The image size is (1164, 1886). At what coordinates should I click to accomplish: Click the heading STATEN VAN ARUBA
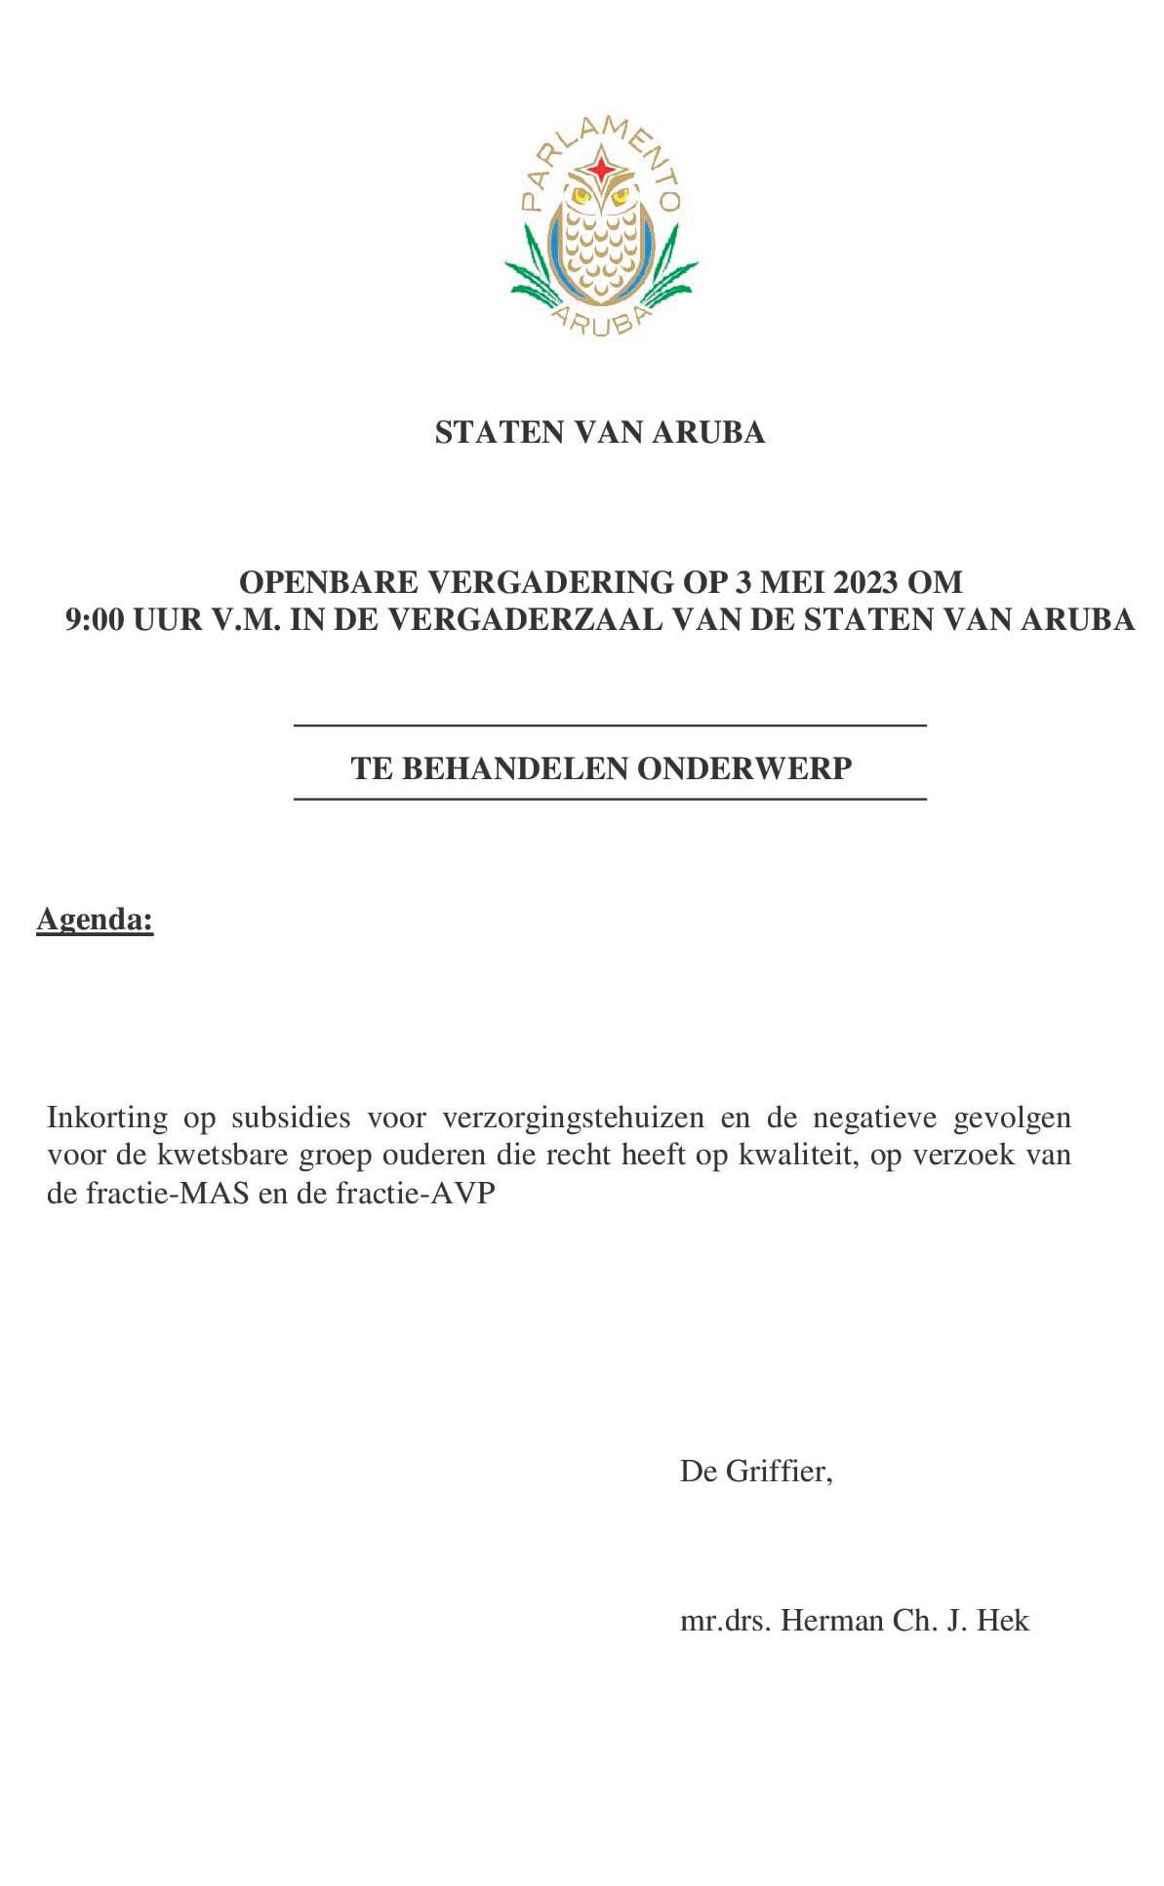click(599, 432)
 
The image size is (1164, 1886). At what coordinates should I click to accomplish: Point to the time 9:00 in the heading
click(95, 619)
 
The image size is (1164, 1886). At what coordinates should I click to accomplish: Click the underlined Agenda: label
click(95, 919)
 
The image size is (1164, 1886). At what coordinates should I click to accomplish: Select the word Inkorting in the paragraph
click(106, 1117)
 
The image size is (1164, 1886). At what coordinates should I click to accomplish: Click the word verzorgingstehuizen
click(572, 1117)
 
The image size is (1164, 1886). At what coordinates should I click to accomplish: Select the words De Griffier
click(755, 1471)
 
